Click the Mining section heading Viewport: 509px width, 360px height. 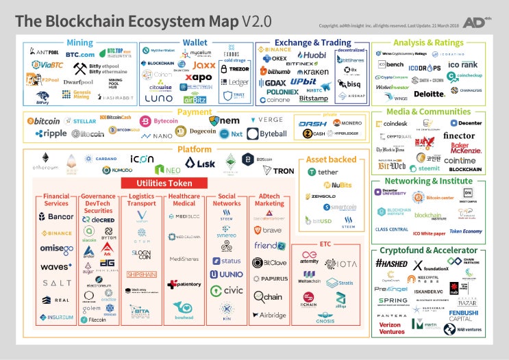[79, 42]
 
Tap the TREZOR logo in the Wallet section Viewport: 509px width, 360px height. [236, 69]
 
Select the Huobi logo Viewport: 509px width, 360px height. [312, 55]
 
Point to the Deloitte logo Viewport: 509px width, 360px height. [430, 94]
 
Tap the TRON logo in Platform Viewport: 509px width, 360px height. [279, 170]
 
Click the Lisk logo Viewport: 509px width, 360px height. [201, 164]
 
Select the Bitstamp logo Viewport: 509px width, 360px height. [313, 99]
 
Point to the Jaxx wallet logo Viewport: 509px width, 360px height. [203, 66]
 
